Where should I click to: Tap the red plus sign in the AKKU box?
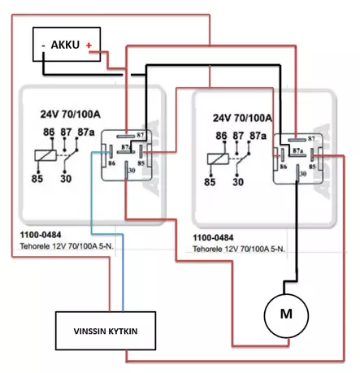(89, 46)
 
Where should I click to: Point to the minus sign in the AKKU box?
(42, 46)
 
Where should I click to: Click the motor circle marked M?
(284, 313)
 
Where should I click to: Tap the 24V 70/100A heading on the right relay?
(242, 117)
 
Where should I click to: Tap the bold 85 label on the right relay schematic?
(210, 183)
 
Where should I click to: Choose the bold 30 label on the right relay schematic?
(238, 183)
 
